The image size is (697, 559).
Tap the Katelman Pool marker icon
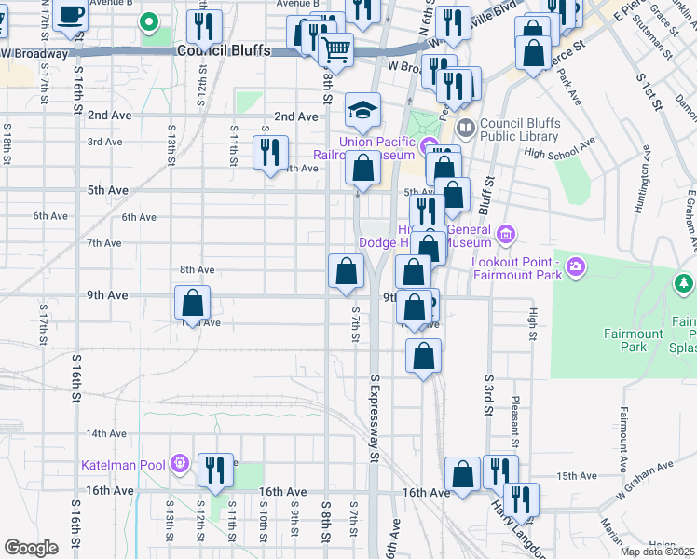[180, 463]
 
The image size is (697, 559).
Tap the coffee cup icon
[72, 14]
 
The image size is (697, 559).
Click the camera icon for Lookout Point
[576, 267]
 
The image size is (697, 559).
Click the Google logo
[31, 548]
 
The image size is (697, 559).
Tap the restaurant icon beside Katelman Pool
[215, 470]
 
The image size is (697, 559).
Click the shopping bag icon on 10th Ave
[193, 303]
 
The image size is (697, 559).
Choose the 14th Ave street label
[105, 434]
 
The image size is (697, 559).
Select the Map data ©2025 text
[657, 552]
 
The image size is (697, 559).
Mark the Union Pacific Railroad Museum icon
[430, 147]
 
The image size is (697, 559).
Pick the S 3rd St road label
[487, 396]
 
